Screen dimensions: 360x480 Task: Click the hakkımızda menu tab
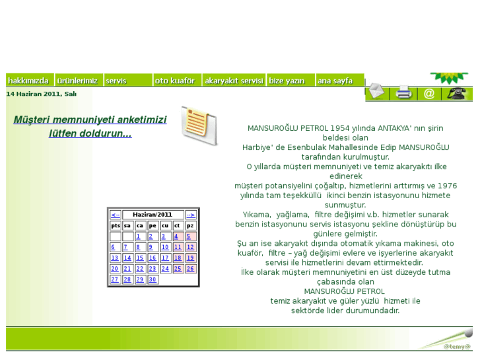click(29, 81)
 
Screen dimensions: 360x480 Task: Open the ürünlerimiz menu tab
click(78, 81)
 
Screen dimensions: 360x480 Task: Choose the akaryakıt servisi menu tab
click(234, 81)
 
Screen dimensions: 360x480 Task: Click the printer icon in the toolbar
click(403, 94)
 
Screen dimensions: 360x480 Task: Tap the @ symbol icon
click(429, 94)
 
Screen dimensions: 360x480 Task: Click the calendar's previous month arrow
click(116, 215)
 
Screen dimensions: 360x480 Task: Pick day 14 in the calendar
click(127, 258)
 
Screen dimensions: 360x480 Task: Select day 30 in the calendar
click(153, 279)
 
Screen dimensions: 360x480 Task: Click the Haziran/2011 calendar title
click(153, 215)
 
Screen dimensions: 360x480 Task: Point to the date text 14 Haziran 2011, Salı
click(41, 94)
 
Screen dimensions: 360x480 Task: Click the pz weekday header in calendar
click(190, 225)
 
